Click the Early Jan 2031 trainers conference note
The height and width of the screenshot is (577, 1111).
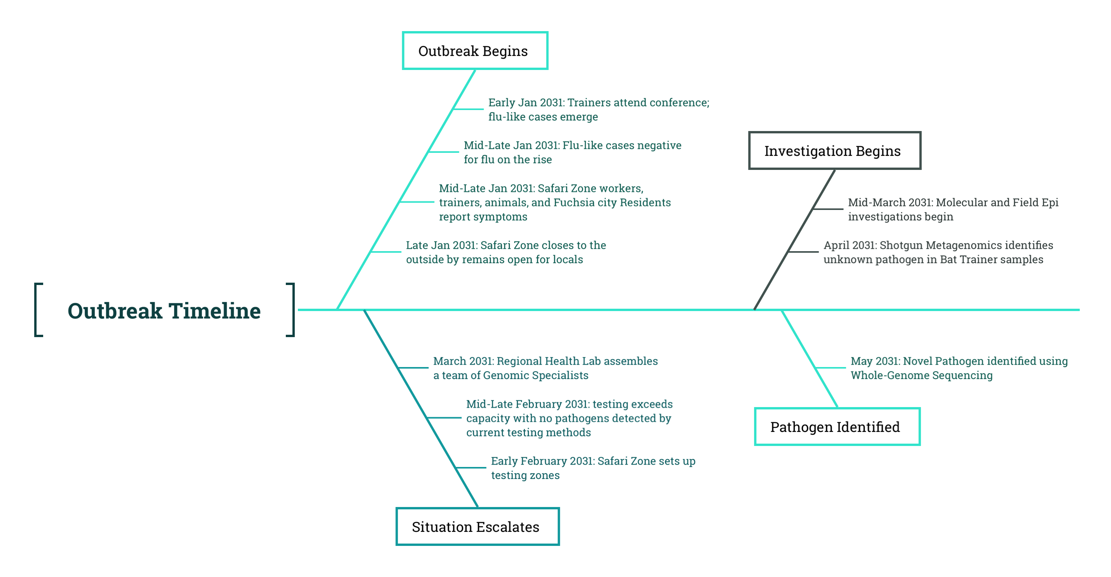(598, 110)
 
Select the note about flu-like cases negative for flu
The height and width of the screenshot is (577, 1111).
(572, 152)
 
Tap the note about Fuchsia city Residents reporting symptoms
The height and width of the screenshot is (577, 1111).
(555, 202)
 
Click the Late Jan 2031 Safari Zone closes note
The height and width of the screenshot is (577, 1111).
(506, 252)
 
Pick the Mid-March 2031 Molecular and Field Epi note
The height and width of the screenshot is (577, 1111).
(953, 209)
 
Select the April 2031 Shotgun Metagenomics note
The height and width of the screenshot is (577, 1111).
(938, 252)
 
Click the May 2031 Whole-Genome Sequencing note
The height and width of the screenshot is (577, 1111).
(959, 368)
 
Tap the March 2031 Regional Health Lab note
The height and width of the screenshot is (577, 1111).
(546, 368)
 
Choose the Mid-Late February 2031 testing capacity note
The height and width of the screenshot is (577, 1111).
(569, 418)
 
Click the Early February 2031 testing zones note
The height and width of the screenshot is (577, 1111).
(593, 468)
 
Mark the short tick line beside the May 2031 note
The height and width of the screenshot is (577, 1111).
(831, 368)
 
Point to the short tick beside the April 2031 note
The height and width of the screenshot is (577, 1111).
(803, 252)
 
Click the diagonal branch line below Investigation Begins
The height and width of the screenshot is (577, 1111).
(794, 240)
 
